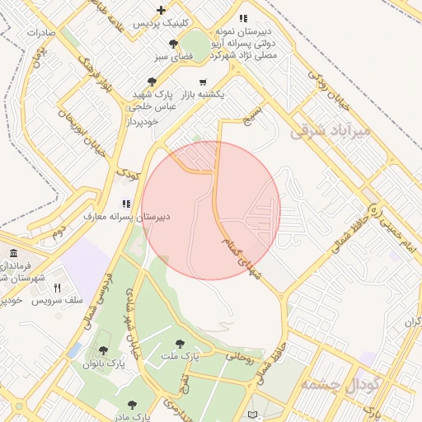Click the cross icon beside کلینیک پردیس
coord(162,9)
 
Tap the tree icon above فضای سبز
coord(172,44)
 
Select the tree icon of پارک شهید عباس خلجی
coord(151,82)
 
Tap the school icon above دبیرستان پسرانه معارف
coord(125,203)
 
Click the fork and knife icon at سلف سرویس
coord(57,288)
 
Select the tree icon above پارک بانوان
coord(103,350)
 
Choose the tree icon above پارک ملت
coord(180,343)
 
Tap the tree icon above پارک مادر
coord(132,405)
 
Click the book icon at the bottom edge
coord(253,414)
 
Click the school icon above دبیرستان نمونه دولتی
coord(242,17)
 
